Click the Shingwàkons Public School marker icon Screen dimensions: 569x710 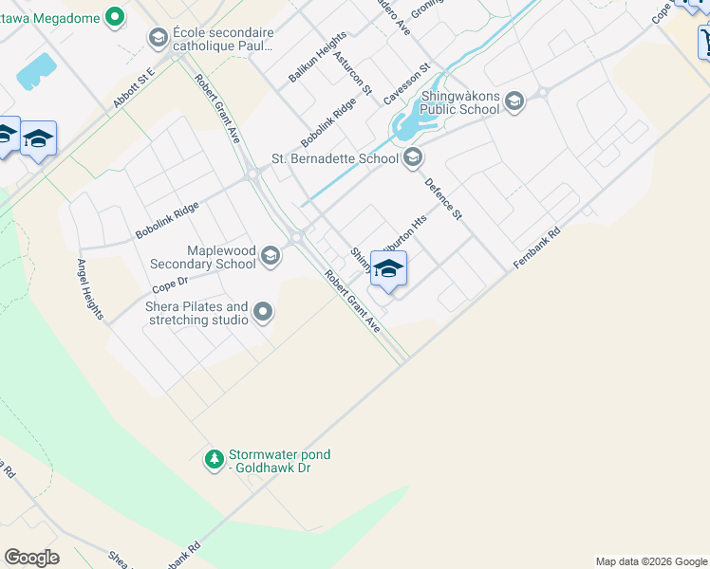tap(514, 101)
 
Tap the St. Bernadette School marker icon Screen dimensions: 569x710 tap(412, 158)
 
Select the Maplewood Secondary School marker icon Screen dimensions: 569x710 tap(271, 256)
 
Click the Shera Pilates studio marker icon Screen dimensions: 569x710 tap(263, 312)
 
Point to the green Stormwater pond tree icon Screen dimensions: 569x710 tap(215, 461)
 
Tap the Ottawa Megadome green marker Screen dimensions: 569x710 tap(115, 16)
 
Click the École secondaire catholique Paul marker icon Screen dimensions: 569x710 tap(159, 38)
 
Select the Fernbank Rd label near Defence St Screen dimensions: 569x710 tap(537, 246)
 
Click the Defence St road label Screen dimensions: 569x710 tap(443, 199)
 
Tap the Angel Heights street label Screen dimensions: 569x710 tap(91, 289)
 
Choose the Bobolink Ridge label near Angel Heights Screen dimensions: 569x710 tap(167, 219)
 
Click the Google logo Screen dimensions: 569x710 tap(31, 558)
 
